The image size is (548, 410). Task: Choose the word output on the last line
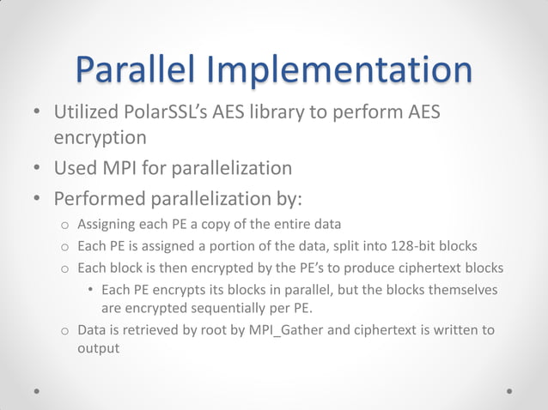tap(98, 349)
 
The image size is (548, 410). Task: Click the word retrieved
tap(142, 329)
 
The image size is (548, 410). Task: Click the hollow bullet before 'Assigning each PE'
tap(64, 226)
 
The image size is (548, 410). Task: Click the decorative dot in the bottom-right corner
tap(509, 390)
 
